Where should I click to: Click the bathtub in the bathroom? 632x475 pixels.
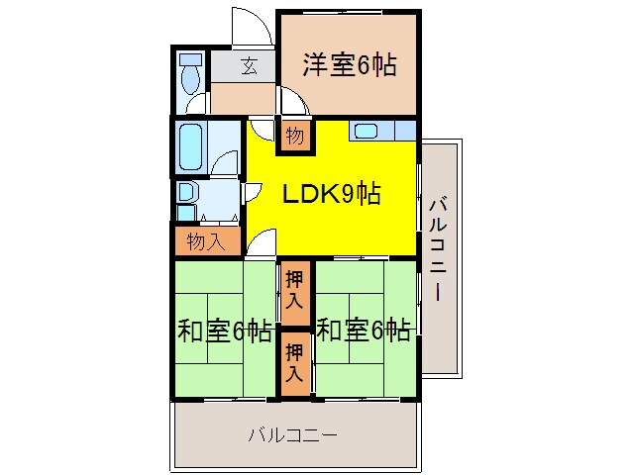point(190,146)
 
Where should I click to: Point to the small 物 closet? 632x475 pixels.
point(295,135)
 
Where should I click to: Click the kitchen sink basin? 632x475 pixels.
point(365,131)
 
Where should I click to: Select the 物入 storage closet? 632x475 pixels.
point(205,240)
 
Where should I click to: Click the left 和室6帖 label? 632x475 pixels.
point(225,330)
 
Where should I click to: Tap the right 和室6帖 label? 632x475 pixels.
point(364,330)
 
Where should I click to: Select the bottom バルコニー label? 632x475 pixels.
point(293,434)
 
